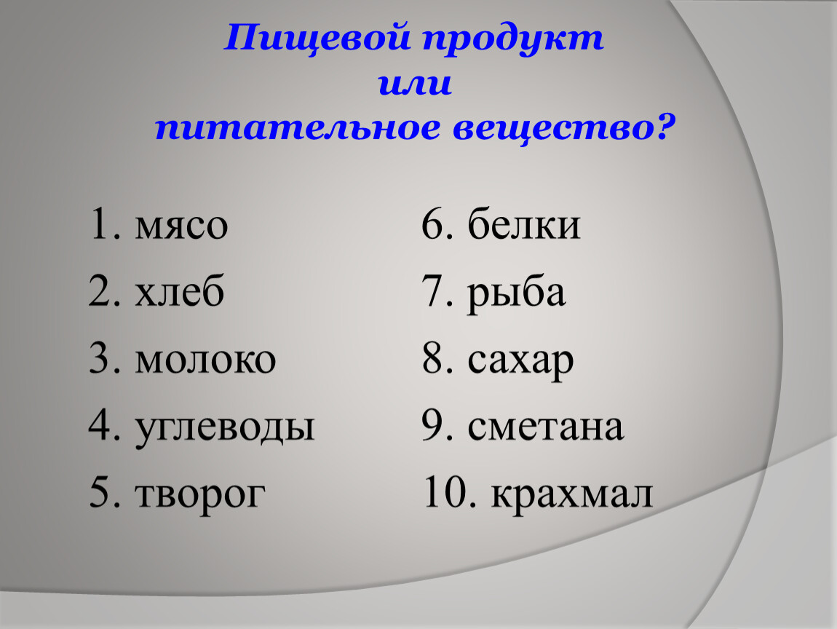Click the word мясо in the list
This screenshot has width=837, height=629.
[181, 226]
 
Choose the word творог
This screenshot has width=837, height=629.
[200, 494]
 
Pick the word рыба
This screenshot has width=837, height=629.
[516, 294]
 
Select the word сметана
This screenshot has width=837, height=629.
[546, 427]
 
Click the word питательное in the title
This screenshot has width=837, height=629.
[298, 130]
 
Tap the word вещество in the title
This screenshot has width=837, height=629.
[547, 128]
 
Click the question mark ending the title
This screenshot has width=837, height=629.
[660, 127]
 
